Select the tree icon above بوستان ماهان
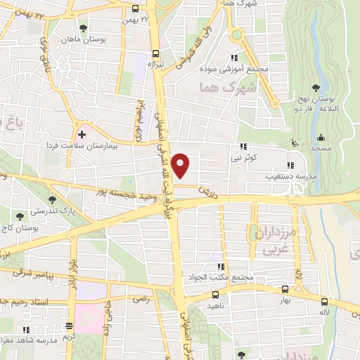[83, 28]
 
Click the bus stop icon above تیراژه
[155, 53]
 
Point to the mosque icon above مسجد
[321, 138]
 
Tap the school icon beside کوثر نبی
[243, 147]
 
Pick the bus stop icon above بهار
[285, 289]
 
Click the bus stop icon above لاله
[324, 301]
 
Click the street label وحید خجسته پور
[122, 200]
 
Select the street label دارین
[203, 189]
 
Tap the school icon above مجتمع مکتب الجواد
[221, 267]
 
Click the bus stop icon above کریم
[69, 326]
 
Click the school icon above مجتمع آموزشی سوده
[234, 58]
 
